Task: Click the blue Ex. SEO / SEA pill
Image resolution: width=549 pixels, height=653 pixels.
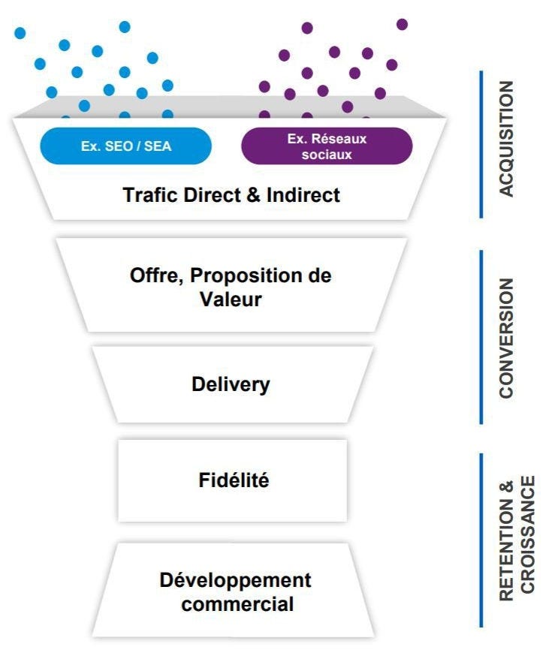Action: coord(126,146)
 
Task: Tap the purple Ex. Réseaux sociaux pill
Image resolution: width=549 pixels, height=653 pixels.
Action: coord(327,146)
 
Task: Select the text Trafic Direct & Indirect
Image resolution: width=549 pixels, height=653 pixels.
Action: coord(231,195)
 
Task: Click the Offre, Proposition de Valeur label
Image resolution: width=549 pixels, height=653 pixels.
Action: coord(231,287)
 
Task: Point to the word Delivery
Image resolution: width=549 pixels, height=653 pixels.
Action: coord(231,385)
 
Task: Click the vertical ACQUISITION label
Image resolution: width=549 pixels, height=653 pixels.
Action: coord(508,139)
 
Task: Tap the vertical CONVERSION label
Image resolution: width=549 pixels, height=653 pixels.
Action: coord(508,338)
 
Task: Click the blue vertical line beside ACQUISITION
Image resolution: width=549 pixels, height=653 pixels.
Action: coord(481,144)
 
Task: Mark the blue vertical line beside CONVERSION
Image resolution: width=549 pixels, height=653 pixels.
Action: coord(481,337)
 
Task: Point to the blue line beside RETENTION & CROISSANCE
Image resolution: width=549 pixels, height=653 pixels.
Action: coord(481,540)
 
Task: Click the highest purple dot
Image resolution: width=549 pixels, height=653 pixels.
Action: coord(402,24)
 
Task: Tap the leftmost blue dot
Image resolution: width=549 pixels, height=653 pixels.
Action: coord(20,33)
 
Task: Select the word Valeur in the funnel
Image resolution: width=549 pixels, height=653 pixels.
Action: coord(231,299)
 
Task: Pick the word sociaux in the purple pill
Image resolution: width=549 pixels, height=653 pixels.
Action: coord(327,154)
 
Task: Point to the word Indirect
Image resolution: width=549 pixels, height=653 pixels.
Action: coord(303,195)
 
